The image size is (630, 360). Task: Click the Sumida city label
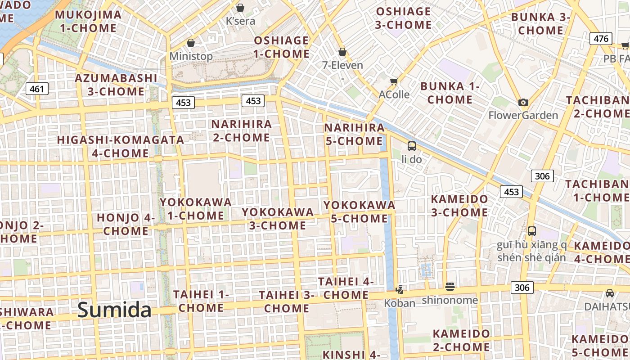(114, 310)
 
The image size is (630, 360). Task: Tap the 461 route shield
(37, 89)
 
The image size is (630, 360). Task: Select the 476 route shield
(601, 39)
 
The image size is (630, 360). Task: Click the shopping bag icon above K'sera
(240, 8)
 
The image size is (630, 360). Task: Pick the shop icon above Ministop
(191, 43)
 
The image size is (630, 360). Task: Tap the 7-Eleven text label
(342, 65)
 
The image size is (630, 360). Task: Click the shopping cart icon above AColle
(394, 81)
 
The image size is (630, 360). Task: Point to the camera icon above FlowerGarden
(523, 103)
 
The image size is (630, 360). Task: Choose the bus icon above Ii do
(411, 146)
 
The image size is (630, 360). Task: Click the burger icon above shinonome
(450, 287)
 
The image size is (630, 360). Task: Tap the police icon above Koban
(399, 289)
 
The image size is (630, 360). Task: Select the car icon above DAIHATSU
(610, 293)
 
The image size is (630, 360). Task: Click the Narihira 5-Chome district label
(355, 134)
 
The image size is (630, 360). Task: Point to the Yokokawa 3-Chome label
(278, 218)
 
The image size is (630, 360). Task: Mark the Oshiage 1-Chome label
(282, 47)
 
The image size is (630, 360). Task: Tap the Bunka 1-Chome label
(450, 93)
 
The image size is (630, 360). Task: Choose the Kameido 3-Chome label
(459, 205)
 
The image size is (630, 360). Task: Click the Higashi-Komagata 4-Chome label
(121, 146)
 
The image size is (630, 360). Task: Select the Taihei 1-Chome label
(201, 301)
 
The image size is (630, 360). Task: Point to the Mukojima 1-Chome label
(88, 21)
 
